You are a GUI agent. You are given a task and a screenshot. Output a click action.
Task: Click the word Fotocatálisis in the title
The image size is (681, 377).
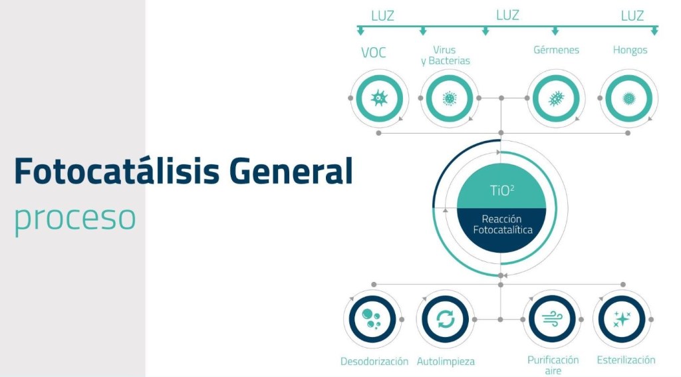117,171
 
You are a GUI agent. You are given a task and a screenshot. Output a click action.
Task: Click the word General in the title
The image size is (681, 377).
291,171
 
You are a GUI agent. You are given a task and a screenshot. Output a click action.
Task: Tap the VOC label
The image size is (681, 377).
374,53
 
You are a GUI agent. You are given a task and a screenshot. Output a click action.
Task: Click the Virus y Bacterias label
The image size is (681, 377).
446,56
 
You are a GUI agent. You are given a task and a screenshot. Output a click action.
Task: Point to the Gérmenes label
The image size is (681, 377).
557,50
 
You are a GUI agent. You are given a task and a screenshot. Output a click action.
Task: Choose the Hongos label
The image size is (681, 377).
630,51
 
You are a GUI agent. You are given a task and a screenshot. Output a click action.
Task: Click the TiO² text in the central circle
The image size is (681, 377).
502,190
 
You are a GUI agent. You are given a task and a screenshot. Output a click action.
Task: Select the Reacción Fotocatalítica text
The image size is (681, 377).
503,224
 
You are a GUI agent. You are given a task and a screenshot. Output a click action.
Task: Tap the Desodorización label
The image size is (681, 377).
374,361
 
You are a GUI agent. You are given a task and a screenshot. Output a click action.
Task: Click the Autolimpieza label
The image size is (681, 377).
446,361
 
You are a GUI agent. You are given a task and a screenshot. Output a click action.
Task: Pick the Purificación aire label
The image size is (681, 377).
553,365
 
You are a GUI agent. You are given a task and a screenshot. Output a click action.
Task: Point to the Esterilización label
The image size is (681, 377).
626,360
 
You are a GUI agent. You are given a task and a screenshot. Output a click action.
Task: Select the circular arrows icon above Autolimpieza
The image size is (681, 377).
446,320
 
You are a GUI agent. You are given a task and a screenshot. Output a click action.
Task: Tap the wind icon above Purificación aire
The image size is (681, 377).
553,319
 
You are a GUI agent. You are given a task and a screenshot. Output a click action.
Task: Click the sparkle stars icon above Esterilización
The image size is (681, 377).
622,319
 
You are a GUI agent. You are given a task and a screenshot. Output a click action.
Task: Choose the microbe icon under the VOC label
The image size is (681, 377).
379,98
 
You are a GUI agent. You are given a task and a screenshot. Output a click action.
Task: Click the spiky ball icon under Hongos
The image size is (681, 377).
628,98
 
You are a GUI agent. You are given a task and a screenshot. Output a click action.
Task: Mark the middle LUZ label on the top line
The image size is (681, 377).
507,16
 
